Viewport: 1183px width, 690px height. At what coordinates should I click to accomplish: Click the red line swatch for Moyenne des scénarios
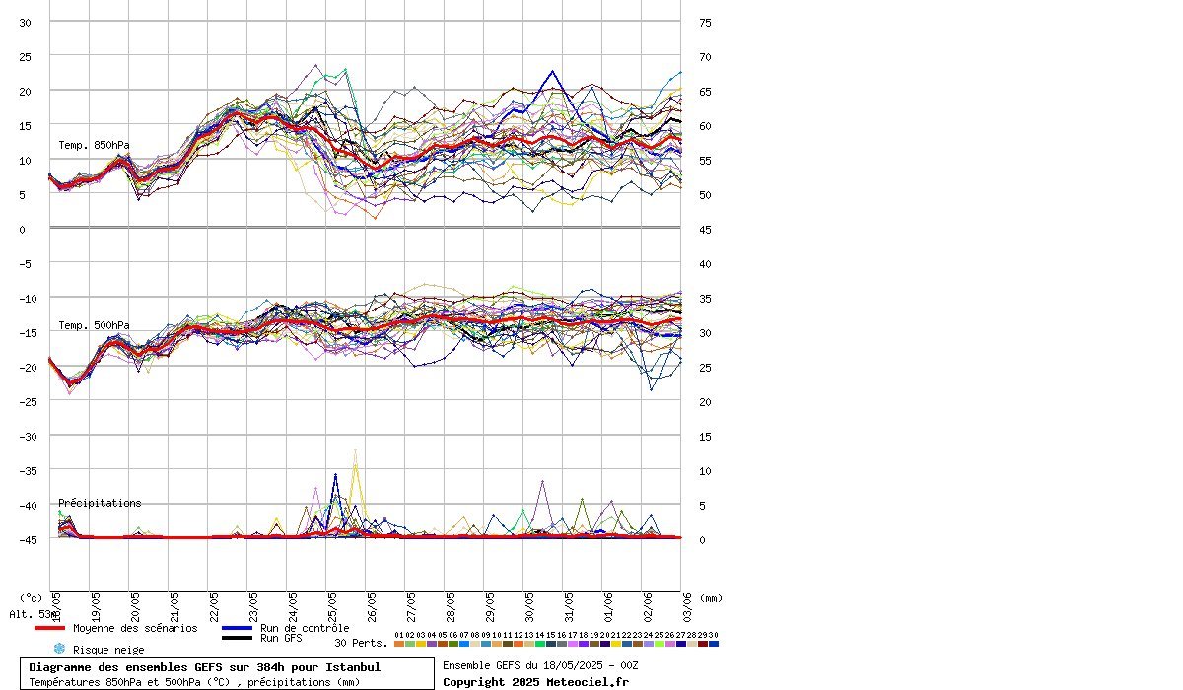click(49, 628)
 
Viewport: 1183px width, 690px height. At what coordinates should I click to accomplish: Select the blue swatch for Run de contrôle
click(238, 628)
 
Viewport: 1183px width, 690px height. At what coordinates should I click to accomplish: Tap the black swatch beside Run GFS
click(238, 638)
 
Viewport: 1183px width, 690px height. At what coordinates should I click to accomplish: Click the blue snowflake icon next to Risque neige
click(59, 649)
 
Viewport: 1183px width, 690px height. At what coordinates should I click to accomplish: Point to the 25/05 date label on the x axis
click(332, 603)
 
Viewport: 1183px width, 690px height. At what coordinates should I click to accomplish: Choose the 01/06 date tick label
click(608, 603)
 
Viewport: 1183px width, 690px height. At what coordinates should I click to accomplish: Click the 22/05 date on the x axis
click(214, 603)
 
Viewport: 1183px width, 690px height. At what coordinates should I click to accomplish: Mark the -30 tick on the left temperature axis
click(26, 436)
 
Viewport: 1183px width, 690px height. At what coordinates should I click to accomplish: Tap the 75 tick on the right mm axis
click(705, 22)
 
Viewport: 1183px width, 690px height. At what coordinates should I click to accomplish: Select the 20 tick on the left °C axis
click(26, 91)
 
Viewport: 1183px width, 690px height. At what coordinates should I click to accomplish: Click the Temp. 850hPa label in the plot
click(94, 145)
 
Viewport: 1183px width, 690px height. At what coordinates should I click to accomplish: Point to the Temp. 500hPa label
click(94, 325)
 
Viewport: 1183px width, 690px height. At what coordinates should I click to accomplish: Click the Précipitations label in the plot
click(100, 503)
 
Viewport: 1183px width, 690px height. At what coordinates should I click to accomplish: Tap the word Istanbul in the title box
click(353, 667)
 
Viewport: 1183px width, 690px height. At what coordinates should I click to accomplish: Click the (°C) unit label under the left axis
click(32, 597)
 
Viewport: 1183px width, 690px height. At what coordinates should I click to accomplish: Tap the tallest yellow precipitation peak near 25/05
click(355, 451)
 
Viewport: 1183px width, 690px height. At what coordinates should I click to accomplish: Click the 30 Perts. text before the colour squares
click(361, 643)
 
